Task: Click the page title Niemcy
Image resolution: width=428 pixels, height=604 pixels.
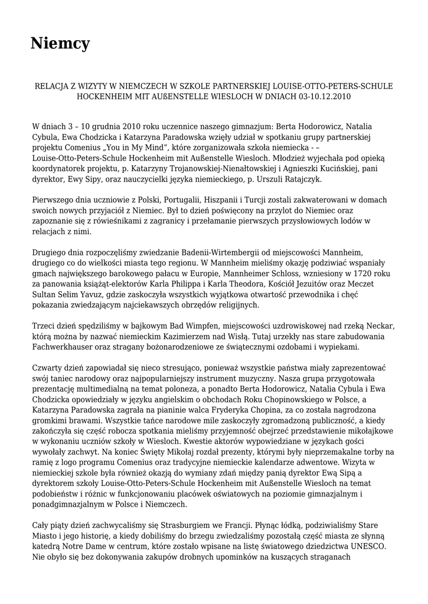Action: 60,43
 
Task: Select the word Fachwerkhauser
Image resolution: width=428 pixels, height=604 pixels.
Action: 64,348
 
